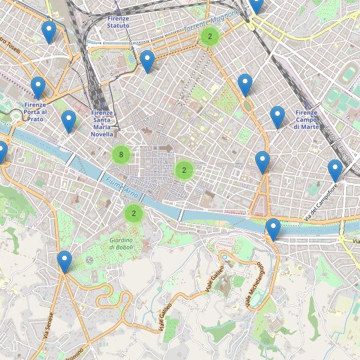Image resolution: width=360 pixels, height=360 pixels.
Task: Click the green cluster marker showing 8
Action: [x=121, y=155]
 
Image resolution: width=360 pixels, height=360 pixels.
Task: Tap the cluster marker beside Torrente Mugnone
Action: [x=209, y=37]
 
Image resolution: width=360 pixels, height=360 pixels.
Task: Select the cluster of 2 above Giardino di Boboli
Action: [x=134, y=213]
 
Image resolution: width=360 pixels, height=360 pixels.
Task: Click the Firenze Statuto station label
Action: [x=118, y=22]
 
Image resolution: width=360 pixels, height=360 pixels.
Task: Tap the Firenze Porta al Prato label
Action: [x=36, y=112]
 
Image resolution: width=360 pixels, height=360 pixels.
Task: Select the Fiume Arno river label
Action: [x=122, y=188]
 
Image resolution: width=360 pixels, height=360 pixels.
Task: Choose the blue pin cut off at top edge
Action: [x=257, y=5]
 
